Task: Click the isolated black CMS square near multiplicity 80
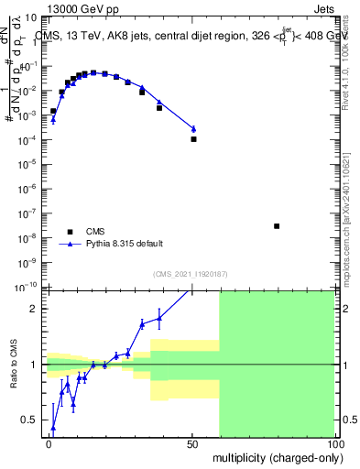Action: pyautogui.click(x=277, y=226)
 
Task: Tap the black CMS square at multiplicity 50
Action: pyautogui.click(x=193, y=139)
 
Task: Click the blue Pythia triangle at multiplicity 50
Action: pyautogui.click(x=193, y=129)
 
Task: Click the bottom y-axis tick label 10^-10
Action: pyautogui.click(x=28, y=286)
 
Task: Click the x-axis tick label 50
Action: pyautogui.click(x=193, y=442)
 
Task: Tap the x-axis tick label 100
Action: pyautogui.click(x=335, y=442)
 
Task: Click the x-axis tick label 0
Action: pyautogui.click(x=49, y=442)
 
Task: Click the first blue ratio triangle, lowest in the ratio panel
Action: pyautogui.click(x=52, y=428)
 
